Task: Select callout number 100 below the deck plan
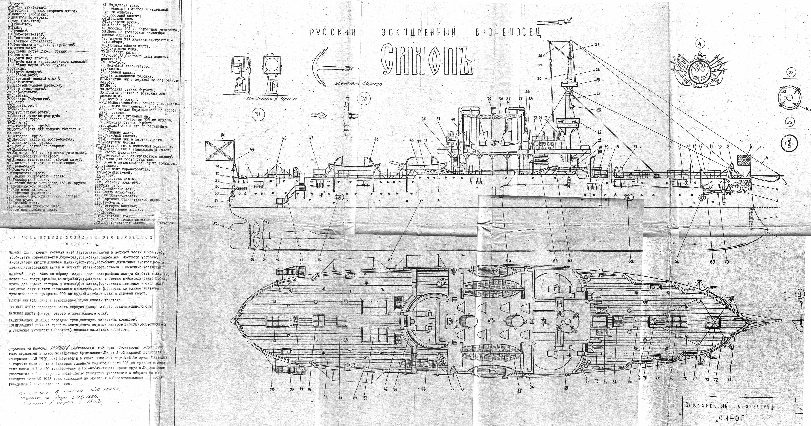pos(272,389)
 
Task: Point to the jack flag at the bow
pos(743,160)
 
